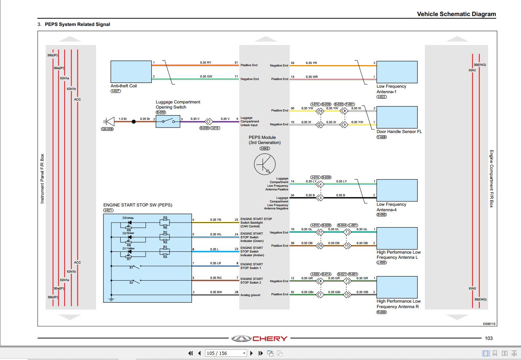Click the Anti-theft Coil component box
[131, 72]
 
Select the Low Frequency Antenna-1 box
[397, 72]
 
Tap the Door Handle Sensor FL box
[397, 117]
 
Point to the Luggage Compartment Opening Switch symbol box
[168, 121]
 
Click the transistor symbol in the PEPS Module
[265, 164]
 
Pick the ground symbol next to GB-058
[107, 121]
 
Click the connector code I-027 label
[115, 91]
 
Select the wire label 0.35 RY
[205, 62]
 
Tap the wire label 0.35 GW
[206, 76]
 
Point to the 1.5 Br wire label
[123, 119]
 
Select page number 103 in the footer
[488, 338]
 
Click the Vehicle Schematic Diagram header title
[456, 14]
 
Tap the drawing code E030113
[489, 324]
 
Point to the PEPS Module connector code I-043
[265, 148]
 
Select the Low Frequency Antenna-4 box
[397, 190]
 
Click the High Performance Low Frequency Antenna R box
[397, 287]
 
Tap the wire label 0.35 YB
[216, 220]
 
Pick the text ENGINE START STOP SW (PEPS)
[138, 205]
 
